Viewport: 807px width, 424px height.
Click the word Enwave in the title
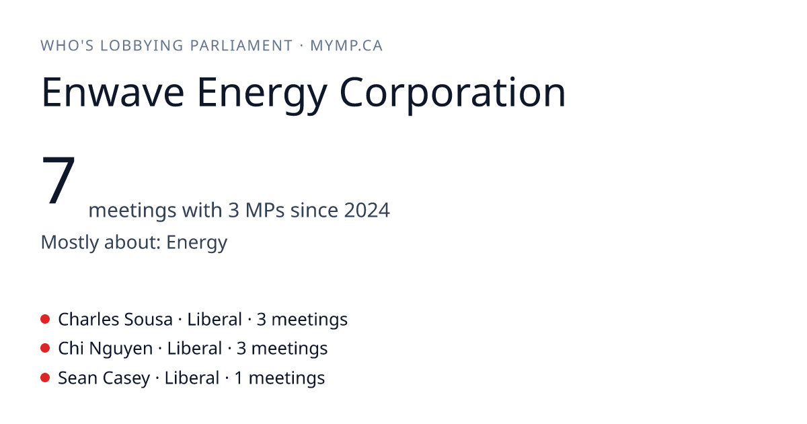(113, 92)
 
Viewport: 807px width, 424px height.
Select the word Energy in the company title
(262, 95)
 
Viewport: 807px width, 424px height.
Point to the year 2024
(367, 210)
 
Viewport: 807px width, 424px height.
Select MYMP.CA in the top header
(346, 46)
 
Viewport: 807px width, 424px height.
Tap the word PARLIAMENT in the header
(241, 46)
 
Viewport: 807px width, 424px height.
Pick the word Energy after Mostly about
(196, 242)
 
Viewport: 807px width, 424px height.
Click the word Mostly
(70, 242)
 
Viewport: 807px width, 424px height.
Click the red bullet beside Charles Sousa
(45, 319)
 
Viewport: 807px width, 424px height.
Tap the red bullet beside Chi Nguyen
(45, 349)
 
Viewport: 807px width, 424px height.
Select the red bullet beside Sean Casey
(45, 378)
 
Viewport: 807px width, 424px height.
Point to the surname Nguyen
(120, 349)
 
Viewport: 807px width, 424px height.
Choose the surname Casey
(126, 378)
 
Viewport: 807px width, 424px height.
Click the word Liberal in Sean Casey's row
(192, 378)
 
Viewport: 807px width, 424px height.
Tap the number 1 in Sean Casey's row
(239, 378)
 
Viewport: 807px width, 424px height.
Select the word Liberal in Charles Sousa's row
(215, 319)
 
